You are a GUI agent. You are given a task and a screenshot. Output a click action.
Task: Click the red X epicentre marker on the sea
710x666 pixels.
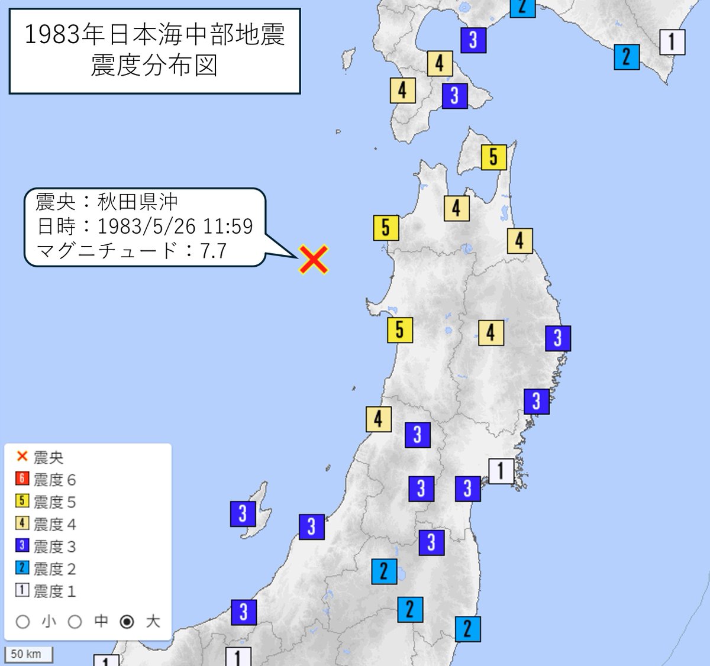[314, 260]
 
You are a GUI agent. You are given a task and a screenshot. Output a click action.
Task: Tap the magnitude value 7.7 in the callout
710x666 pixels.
[213, 251]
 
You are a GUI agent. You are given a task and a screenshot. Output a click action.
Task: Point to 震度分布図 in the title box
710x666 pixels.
[154, 65]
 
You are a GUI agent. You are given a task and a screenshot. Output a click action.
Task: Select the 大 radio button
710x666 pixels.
[127, 622]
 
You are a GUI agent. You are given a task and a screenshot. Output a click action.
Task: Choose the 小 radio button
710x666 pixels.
[23, 622]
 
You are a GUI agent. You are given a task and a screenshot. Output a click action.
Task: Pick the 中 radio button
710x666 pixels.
[75, 622]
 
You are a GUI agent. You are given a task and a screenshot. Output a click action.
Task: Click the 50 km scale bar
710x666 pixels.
[28, 654]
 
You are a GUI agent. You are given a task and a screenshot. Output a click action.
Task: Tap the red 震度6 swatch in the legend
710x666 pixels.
[22, 479]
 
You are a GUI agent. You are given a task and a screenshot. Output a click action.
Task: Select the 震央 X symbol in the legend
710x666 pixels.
[22, 457]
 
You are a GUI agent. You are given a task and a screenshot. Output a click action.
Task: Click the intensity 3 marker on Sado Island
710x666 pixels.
[243, 513]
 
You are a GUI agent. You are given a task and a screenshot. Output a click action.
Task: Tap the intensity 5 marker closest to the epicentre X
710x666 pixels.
[386, 228]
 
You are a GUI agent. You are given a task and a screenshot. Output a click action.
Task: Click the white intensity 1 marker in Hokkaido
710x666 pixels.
[672, 42]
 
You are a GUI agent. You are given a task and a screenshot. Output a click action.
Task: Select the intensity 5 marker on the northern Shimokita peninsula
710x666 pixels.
[493, 157]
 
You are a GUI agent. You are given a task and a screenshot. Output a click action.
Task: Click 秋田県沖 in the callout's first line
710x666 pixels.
[137, 202]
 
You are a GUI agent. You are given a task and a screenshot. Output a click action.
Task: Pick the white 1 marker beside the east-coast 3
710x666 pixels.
[501, 471]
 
